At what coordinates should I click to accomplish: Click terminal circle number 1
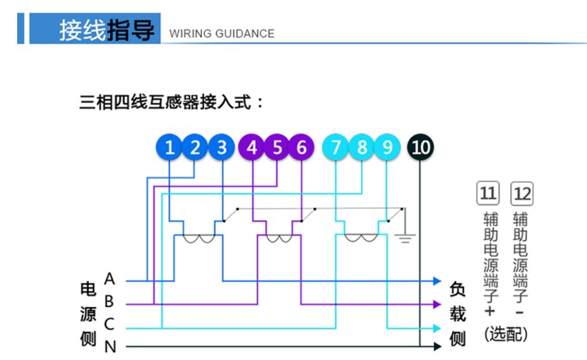pyautogui.click(x=169, y=147)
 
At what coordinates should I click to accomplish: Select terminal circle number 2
pyautogui.click(x=196, y=147)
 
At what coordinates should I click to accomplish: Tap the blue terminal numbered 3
pyautogui.click(x=222, y=147)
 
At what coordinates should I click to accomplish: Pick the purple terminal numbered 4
pyautogui.click(x=251, y=147)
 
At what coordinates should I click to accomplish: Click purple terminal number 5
pyautogui.click(x=277, y=147)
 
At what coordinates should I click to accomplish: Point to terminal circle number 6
pyautogui.click(x=302, y=147)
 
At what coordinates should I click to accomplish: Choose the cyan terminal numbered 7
pyautogui.click(x=336, y=147)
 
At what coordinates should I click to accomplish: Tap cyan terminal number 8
pyautogui.click(x=362, y=147)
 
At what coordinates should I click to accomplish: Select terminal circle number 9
pyautogui.click(x=387, y=147)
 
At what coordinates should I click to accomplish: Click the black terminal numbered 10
pyautogui.click(x=420, y=147)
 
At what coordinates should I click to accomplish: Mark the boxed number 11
pyautogui.click(x=488, y=192)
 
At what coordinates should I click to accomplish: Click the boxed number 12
pyautogui.click(x=522, y=192)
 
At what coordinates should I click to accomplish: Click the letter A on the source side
pyautogui.click(x=109, y=278)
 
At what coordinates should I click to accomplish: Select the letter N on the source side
pyautogui.click(x=110, y=347)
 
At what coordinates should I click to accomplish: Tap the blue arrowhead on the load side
pyautogui.click(x=437, y=281)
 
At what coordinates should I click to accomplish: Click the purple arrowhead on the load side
pyautogui.click(x=437, y=304)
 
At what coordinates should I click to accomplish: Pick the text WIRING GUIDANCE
pyautogui.click(x=221, y=34)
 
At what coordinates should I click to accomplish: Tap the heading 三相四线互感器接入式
pyautogui.click(x=172, y=101)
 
